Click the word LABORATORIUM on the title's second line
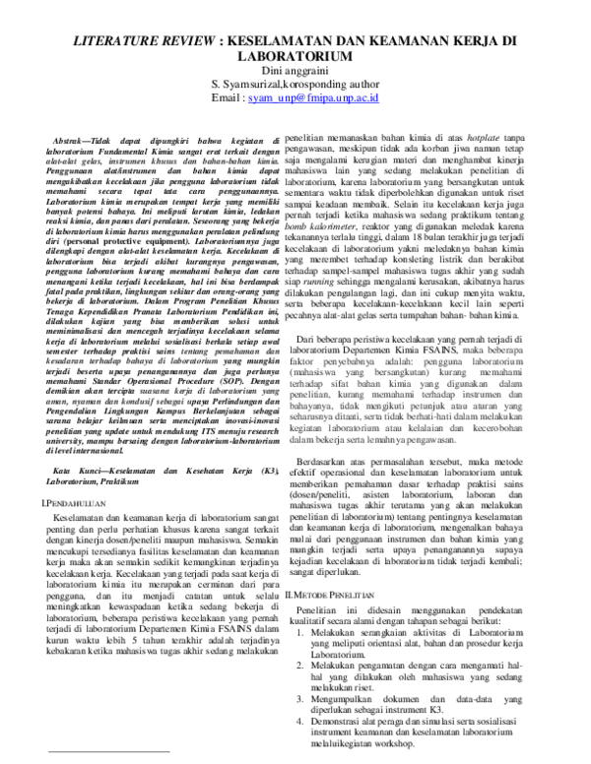[295, 58]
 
